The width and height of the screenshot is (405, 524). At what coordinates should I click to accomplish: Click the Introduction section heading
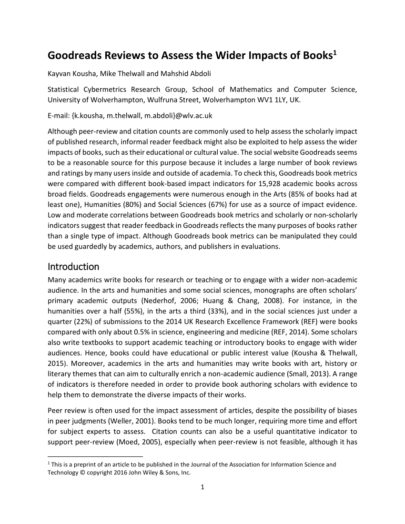73,266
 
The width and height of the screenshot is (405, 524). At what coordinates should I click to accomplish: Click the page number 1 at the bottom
202,487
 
